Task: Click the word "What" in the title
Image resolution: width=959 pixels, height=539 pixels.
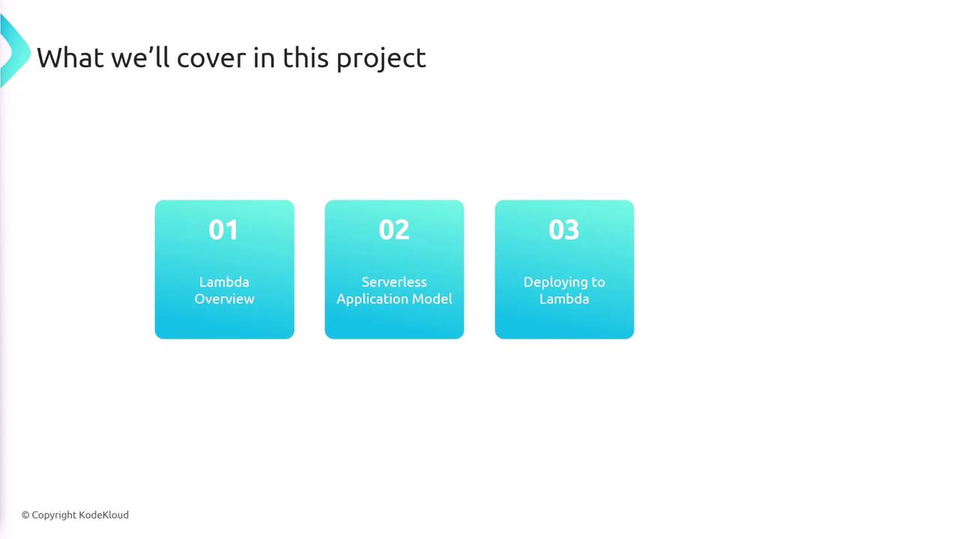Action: point(70,58)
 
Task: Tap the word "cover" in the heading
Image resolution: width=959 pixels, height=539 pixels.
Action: point(211,58)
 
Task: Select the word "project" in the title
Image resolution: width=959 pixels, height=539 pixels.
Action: point(381,59)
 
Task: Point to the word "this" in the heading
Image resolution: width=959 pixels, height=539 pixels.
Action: point(305,58)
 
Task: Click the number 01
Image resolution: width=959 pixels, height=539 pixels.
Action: point(223,230)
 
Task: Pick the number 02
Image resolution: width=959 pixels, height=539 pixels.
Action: point(394,230)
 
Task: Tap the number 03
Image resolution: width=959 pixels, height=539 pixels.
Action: point(564,230)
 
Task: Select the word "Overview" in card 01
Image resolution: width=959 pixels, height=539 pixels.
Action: point(224,299)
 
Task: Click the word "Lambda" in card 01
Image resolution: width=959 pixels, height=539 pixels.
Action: point(224,282)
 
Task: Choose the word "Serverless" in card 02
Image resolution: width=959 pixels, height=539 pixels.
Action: point(394,282)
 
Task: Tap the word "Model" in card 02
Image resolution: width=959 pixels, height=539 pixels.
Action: point(432,299)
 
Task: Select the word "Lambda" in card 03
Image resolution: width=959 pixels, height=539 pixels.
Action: point(564,299)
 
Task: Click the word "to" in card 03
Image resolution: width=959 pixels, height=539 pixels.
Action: point(599,282)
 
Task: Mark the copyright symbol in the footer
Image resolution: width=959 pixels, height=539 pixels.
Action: point(25,515)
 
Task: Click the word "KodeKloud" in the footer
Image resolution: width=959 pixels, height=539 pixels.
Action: point(103,514)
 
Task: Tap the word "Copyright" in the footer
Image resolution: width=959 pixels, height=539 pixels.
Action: point(54,516)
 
